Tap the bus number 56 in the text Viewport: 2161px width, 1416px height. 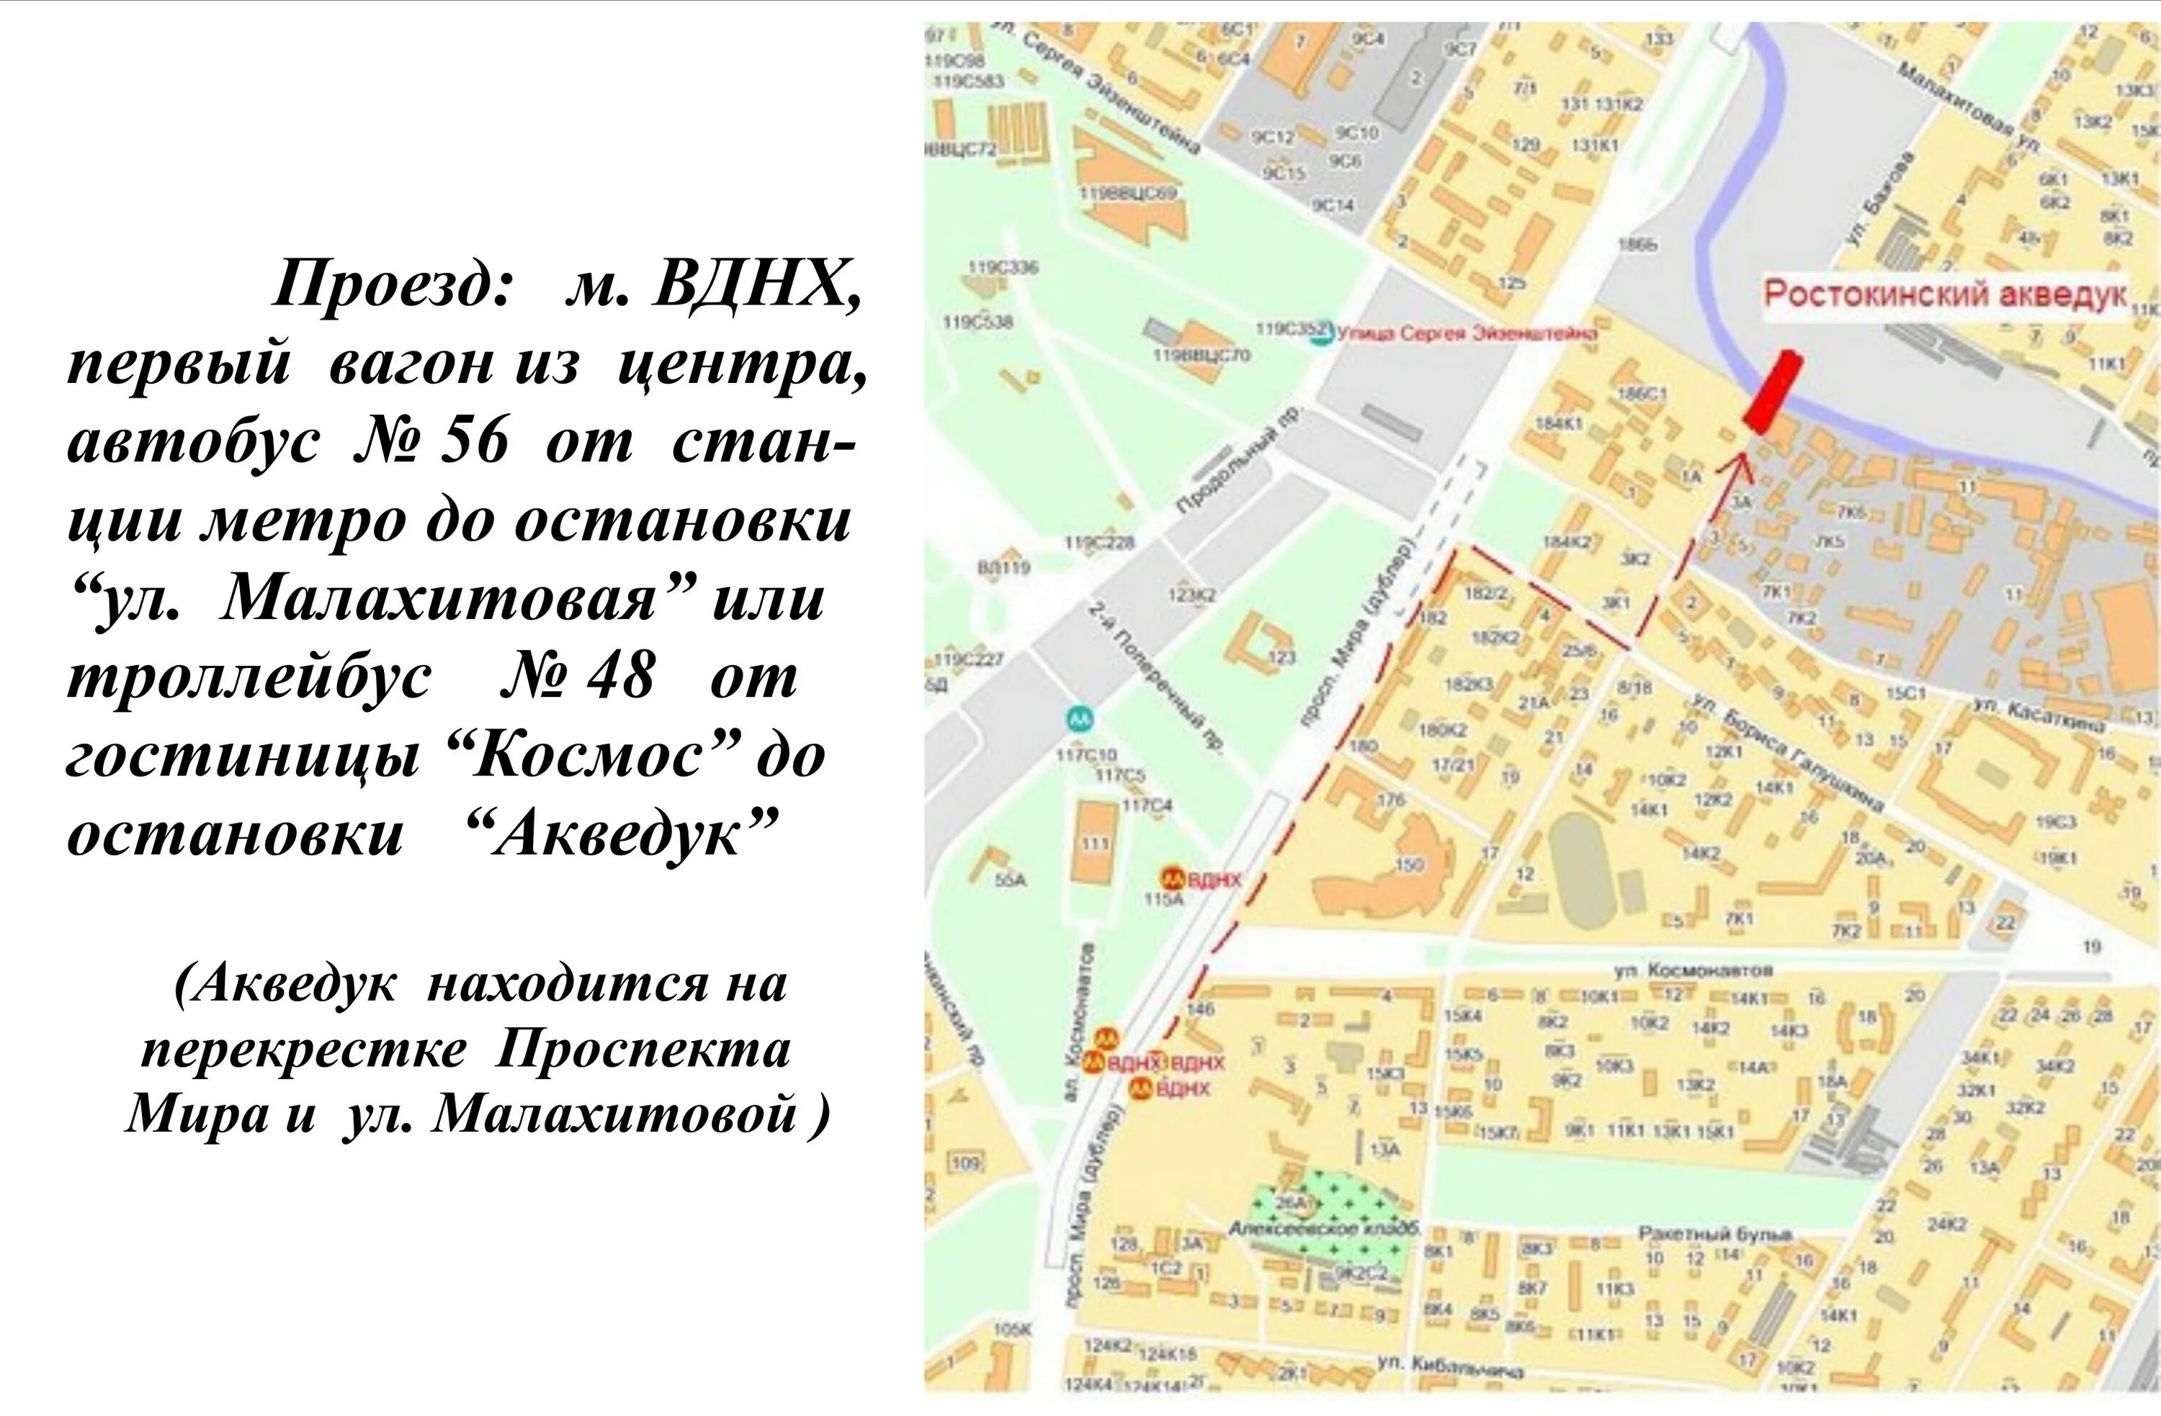(474, 443)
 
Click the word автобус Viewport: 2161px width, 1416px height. (192, 443)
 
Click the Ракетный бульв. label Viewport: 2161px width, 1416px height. (1715, 1234)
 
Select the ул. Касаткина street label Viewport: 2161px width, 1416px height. (2038, 716)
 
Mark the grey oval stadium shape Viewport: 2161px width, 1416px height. (1582, 869)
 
